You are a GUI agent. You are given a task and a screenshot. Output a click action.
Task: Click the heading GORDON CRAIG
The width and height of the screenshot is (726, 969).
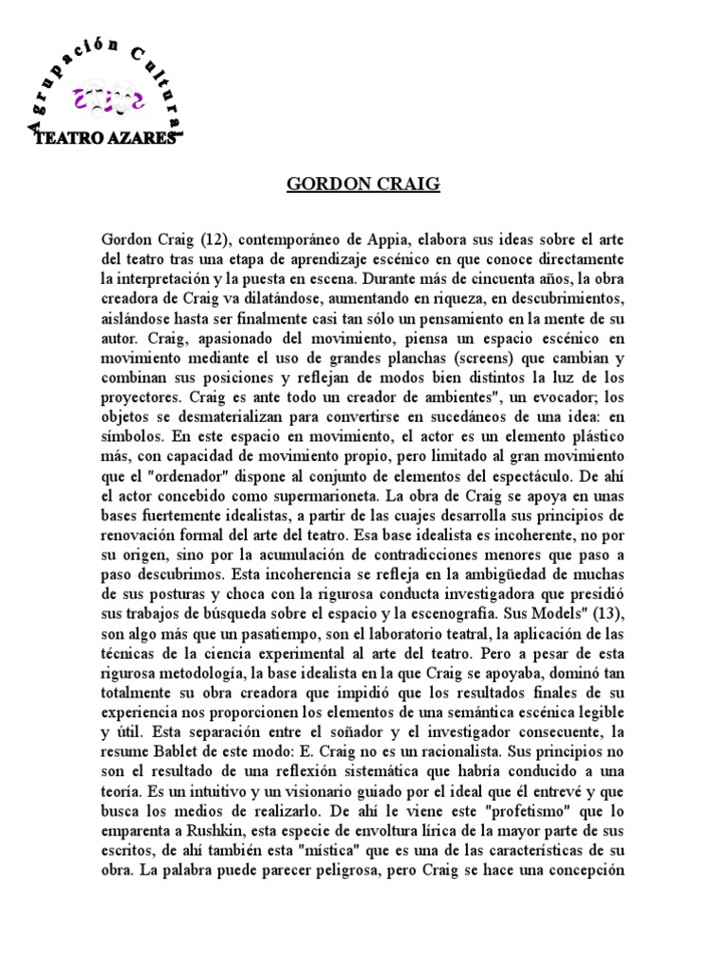point(363,184)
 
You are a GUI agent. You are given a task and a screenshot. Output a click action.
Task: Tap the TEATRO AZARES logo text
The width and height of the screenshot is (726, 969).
point(104,139)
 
